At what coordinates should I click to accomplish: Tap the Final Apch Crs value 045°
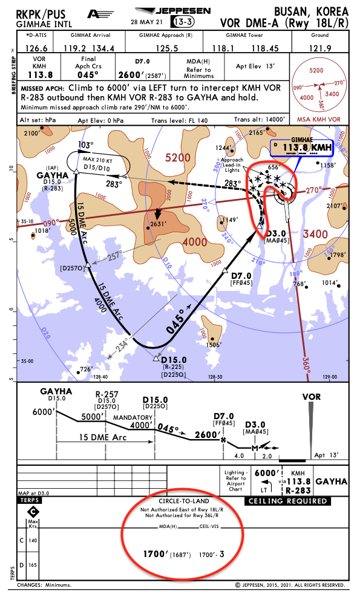pos(88,75)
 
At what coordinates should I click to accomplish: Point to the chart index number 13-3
pos(183,22)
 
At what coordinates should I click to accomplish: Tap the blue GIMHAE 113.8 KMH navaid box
pos(301,146)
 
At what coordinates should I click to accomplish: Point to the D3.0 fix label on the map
pos(276,233)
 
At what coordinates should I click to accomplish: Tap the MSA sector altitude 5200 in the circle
pos(316,71)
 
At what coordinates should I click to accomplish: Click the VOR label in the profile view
pos(311,397)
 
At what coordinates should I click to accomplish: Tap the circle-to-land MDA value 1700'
pos(155,553)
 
